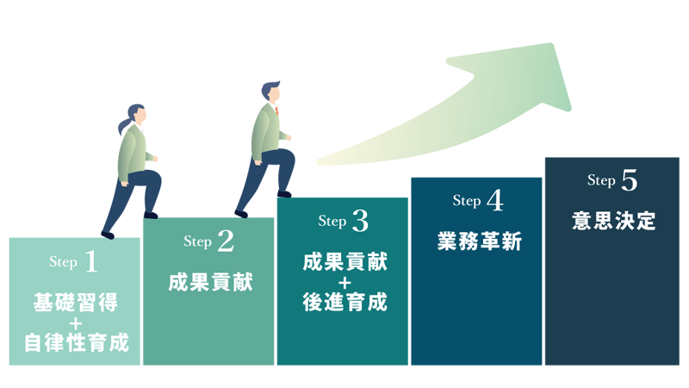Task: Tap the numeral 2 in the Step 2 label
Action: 226,242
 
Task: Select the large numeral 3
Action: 360,222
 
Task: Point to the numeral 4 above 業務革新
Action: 494,201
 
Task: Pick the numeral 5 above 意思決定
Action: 629,180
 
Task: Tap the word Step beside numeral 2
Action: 198,243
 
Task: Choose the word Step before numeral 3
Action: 332,222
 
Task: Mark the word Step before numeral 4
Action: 467,202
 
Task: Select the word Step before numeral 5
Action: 601,181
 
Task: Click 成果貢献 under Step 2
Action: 210,282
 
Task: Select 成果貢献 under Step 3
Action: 344,262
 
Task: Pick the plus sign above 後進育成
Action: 344,283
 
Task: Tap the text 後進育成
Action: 344,303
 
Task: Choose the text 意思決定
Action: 613,222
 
